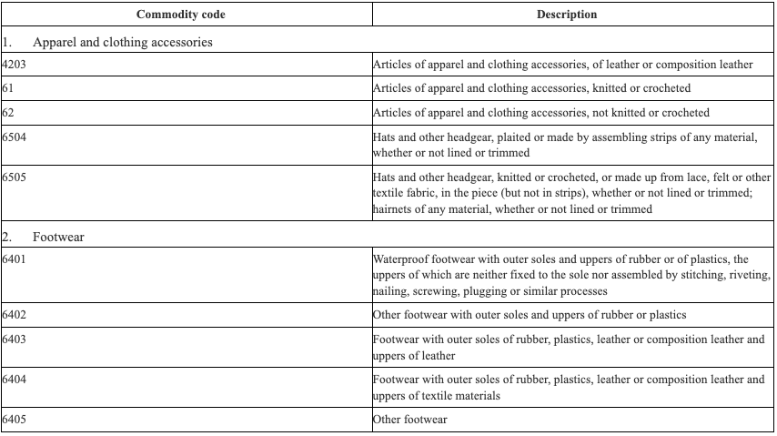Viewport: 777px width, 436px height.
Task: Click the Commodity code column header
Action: point(180,15)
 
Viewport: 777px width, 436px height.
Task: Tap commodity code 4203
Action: point(15,65)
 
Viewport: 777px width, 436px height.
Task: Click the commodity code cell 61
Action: point(8,88)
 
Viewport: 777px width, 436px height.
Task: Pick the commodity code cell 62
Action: point(8,113)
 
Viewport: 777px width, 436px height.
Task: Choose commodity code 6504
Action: point(15,137)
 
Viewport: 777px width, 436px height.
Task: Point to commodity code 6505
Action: point(15,177)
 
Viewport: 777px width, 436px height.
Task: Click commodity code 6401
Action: point(15,259)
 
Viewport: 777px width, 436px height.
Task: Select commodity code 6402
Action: point(15,315)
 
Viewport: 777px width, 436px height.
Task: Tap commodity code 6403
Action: point(15,340)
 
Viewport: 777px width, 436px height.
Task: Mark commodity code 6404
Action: point(15,380)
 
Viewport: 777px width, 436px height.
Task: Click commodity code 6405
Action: point(15,420)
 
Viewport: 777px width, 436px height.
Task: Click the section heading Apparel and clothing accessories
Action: point(122,42)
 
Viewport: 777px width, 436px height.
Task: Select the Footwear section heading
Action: point(58,237)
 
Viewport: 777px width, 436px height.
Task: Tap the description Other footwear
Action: point(410,420)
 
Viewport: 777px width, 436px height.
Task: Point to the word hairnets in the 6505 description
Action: point(393,209)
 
